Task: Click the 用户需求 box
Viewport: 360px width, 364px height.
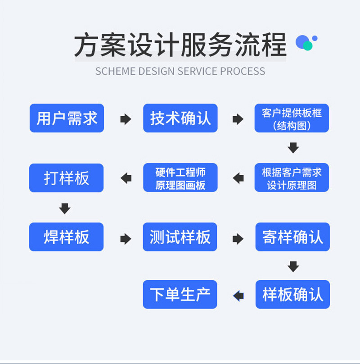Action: tap(67, 118)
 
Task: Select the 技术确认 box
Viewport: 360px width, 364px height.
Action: tap(180, 118)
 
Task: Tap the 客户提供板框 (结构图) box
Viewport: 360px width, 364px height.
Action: tap(292, 118)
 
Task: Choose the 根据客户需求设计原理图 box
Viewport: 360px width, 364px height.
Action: tap(292, 177)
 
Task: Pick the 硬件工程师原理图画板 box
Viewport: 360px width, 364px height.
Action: tap(180, 177)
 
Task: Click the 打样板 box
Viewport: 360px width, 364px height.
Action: tap(67, 177)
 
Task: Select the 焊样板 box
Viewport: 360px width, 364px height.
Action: tap(67, 237)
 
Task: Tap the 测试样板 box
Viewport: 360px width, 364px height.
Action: tap(180, 237)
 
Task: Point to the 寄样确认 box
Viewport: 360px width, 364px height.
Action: tap(292, 237)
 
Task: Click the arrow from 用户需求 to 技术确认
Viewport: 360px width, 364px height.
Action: tap(126, 119)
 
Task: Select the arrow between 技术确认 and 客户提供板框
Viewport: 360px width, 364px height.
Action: tap(238, 119)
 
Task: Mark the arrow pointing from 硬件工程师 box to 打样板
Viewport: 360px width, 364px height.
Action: tap(126, 178)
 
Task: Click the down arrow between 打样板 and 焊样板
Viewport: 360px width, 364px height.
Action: tap(65, 208)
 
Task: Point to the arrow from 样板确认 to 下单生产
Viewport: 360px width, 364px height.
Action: tap(238, 296)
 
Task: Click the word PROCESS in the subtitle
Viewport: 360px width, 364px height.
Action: tap(243, 71)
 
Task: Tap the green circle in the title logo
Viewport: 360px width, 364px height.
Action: tap(308, 45)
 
